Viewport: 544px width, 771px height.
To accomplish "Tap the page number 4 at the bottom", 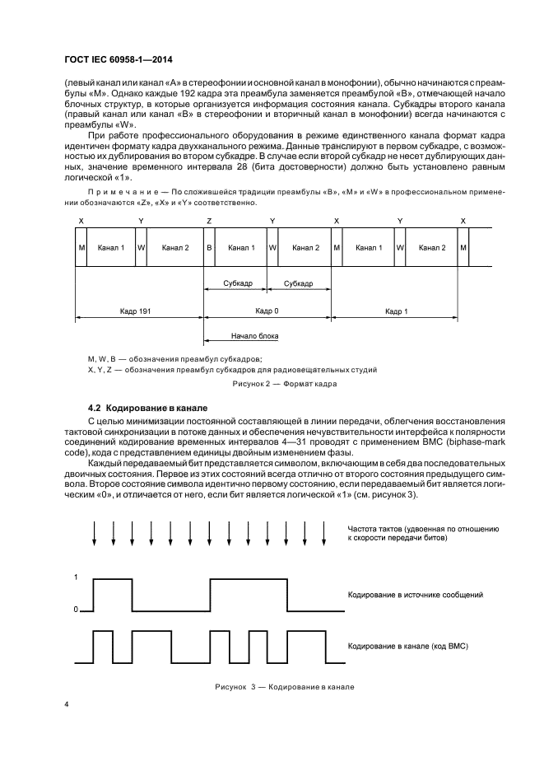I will pos(66,704).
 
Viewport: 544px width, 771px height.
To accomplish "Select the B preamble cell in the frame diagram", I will pos(209,248).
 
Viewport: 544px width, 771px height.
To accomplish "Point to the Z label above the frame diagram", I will pos(209,222).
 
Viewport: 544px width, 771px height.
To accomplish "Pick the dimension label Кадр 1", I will pos(396,312).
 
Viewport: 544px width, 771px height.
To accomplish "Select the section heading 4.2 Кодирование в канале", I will pos(148,409).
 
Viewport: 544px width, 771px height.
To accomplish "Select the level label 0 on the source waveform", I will pos(76,610).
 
